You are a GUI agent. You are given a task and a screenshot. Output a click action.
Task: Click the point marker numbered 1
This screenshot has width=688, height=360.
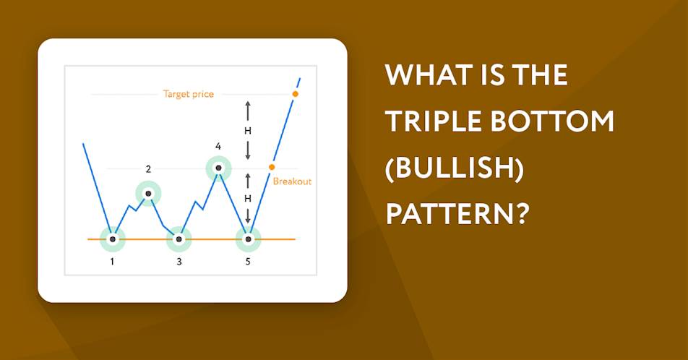tap(113, 239)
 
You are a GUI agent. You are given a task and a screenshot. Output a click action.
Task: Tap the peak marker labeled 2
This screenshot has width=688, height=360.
tap(148, 194)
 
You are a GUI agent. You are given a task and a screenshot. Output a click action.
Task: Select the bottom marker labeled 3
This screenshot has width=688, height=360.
tap(179, 239)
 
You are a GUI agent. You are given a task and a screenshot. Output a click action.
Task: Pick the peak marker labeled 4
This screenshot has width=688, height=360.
tap(218, 168)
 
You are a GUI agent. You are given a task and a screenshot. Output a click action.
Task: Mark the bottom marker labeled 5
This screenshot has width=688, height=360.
tap(249, 239)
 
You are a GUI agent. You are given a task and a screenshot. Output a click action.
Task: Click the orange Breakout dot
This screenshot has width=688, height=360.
tap(272, 167)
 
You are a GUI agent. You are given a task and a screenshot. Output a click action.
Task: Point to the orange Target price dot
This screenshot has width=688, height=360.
tap(296, 94)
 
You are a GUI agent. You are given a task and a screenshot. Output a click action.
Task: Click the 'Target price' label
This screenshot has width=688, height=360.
tap(188, 95)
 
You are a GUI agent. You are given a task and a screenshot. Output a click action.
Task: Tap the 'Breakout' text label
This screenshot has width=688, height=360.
tap(292, 181)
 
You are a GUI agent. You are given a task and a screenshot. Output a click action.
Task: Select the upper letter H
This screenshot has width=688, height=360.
tap(248, 131)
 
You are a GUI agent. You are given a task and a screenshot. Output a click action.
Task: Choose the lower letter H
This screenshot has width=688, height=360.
tap(248, 199)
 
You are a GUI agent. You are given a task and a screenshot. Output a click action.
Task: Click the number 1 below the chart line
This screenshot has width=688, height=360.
tap(112, 262)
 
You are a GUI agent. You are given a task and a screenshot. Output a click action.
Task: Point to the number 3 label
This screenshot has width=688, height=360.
tap(179, 262)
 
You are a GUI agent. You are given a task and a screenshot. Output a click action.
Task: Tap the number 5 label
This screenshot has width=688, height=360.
tap(248, 262)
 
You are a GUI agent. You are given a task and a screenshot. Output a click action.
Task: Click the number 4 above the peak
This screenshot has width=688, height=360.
tap(218, 146)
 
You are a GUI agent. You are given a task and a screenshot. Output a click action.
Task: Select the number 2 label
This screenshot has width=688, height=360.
tap(148, 169)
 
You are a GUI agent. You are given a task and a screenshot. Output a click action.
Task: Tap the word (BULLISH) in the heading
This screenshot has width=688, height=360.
tap(455, 168)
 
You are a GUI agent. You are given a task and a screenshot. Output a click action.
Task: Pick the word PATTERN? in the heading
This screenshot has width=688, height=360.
tap(456, 215)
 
